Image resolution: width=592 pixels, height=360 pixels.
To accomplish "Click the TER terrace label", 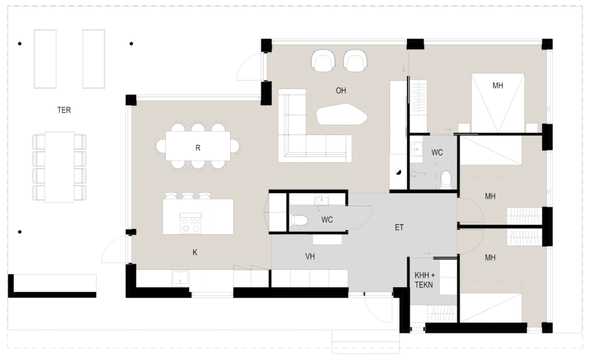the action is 64,110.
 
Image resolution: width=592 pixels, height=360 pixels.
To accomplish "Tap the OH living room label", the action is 341,91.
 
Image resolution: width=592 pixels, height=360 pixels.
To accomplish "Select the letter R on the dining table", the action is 198,148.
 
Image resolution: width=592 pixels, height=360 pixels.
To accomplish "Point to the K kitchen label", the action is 195,253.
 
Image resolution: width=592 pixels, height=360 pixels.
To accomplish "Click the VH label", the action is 310,257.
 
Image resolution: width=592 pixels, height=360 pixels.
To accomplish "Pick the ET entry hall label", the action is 399,227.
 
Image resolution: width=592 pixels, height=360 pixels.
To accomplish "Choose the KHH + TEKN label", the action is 424,280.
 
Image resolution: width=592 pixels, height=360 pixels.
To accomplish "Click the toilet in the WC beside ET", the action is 301,220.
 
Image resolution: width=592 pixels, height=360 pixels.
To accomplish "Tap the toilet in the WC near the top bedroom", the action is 446,179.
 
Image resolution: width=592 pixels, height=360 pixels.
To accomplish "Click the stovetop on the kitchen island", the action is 191,223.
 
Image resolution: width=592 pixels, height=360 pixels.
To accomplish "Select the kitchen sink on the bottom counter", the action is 180,279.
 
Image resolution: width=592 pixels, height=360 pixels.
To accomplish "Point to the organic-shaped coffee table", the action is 341,115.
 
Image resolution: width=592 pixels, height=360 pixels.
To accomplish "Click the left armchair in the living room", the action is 323,61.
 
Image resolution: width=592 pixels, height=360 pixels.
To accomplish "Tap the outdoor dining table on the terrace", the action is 60,167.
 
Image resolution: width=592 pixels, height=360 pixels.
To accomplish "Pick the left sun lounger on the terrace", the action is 45,59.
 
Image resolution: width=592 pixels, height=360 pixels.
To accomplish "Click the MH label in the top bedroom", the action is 498,86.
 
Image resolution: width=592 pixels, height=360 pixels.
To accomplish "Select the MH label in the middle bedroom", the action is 490,196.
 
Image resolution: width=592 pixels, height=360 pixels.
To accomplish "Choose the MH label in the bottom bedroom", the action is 490,258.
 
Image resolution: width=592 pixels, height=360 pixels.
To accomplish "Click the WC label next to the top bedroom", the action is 437,153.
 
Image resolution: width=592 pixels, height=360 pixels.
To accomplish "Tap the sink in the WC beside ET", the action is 321,201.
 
